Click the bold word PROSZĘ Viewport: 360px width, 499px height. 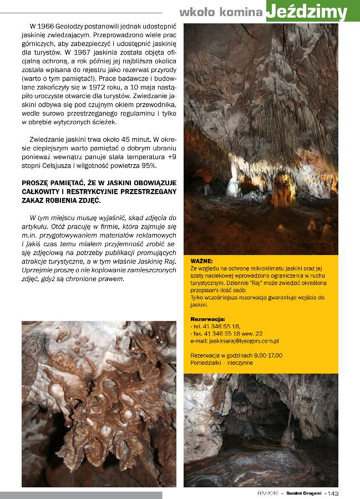click(37, 182)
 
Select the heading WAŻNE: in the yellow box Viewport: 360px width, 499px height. click(201, 260)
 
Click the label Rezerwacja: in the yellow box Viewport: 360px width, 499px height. click(207, 319)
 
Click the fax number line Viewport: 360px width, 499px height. click(227, 334)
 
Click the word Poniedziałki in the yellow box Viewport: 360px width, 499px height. click(207, 363)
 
